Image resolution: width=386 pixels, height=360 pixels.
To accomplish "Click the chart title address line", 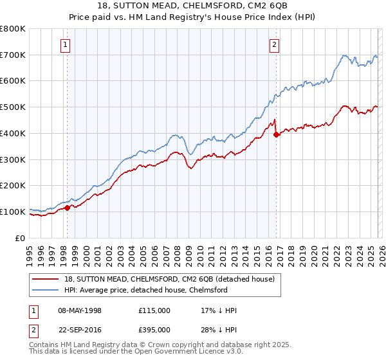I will click(x=192, y=5).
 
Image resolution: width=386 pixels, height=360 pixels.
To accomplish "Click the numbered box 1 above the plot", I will click(x=66, y=44).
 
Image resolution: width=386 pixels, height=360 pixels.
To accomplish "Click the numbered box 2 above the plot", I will click(x=274, y=44).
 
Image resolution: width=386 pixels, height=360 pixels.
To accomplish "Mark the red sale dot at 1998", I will click(x=67, y=208).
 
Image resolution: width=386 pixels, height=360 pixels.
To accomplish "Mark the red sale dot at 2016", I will click(x=276, y=134).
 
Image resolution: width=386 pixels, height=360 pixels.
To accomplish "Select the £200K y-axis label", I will click(x=13, y=186).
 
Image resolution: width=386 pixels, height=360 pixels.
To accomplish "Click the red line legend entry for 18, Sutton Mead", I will click(x=169, y=279).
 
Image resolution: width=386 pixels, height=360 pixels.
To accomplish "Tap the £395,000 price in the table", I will click(x=154, y=330).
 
